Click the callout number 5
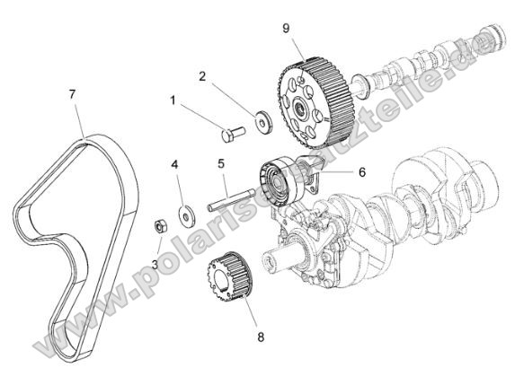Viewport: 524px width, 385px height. (x=220, y=163)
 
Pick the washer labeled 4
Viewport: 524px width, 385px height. (x=187, y=213)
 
